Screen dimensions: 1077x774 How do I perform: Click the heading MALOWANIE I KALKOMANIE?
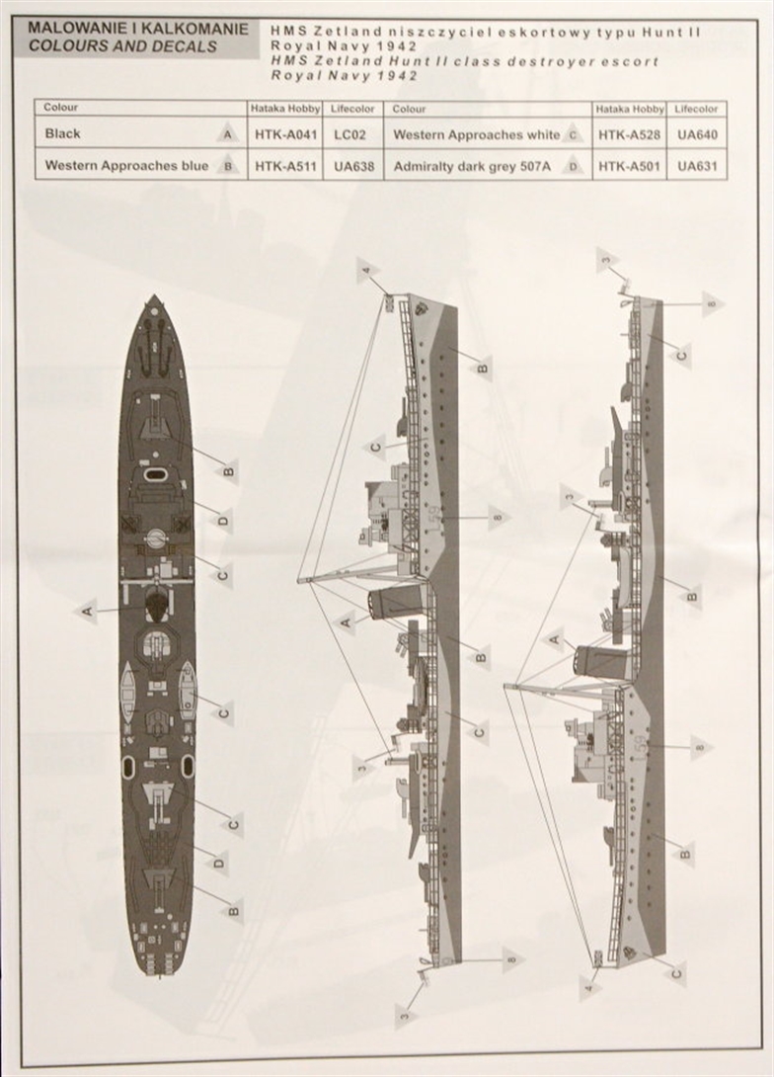pos(138,31)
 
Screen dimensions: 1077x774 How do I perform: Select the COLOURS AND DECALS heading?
pos(123,46)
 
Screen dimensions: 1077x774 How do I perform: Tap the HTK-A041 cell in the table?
pos(284,133)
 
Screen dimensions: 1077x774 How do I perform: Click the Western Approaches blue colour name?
pos(126,166)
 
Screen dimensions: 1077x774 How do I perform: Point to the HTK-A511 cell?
pos(284,166)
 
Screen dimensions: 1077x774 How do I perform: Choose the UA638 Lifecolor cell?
pos(353,166)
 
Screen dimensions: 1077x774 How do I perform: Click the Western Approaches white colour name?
pos(475,133)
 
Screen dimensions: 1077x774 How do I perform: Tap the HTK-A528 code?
pos(630,133)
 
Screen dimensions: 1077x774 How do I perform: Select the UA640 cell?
pos(697,133)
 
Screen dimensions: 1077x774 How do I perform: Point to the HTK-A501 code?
pos(630,166)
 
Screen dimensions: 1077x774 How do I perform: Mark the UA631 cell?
pos(697,166)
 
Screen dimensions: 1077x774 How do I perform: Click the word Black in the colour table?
pos(63,133)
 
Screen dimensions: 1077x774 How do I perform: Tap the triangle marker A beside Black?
pos(228,134)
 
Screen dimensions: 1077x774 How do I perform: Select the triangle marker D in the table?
pos(573,167)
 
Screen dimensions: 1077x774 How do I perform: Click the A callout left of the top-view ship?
pos(88,612)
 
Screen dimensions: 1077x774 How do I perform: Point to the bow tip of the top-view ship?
pos(154,297)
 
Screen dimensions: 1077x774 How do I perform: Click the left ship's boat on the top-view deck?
pos(127,691)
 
